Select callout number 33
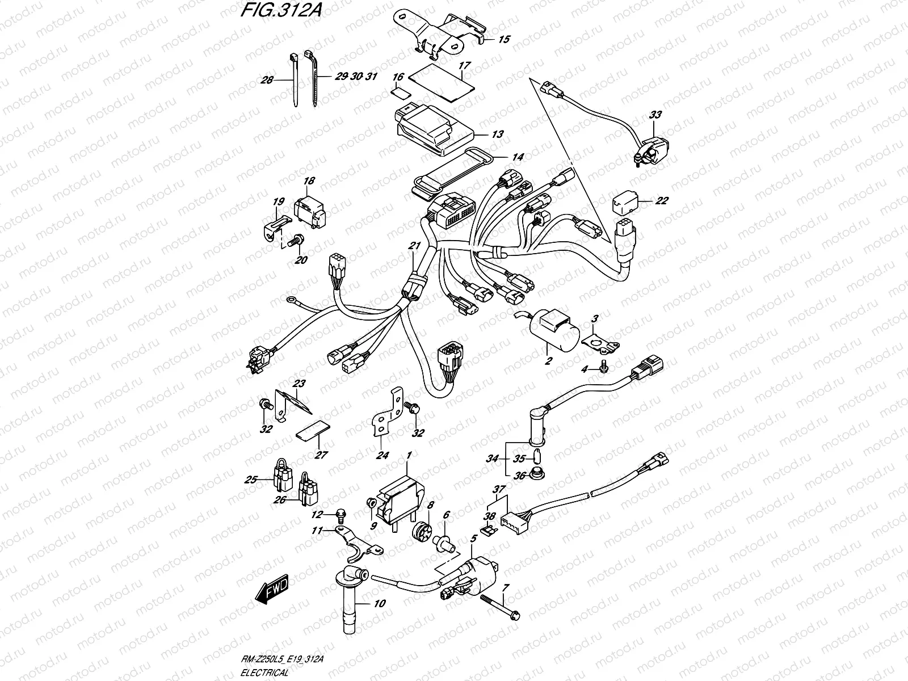point(655,115)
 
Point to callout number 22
point(662,200)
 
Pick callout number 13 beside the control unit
point(497,134)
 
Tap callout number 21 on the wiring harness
point(414,246)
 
